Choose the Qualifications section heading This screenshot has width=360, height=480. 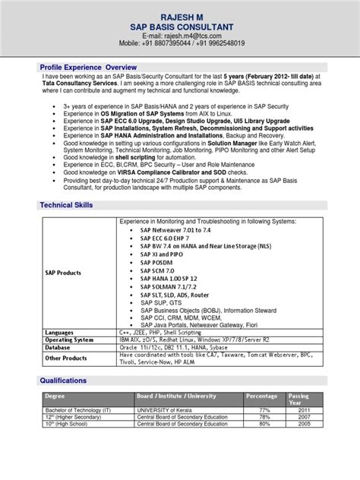pos(66,381)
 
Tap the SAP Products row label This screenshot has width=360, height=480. pos(64,272)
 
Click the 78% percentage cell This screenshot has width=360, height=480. pos(266,416)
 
